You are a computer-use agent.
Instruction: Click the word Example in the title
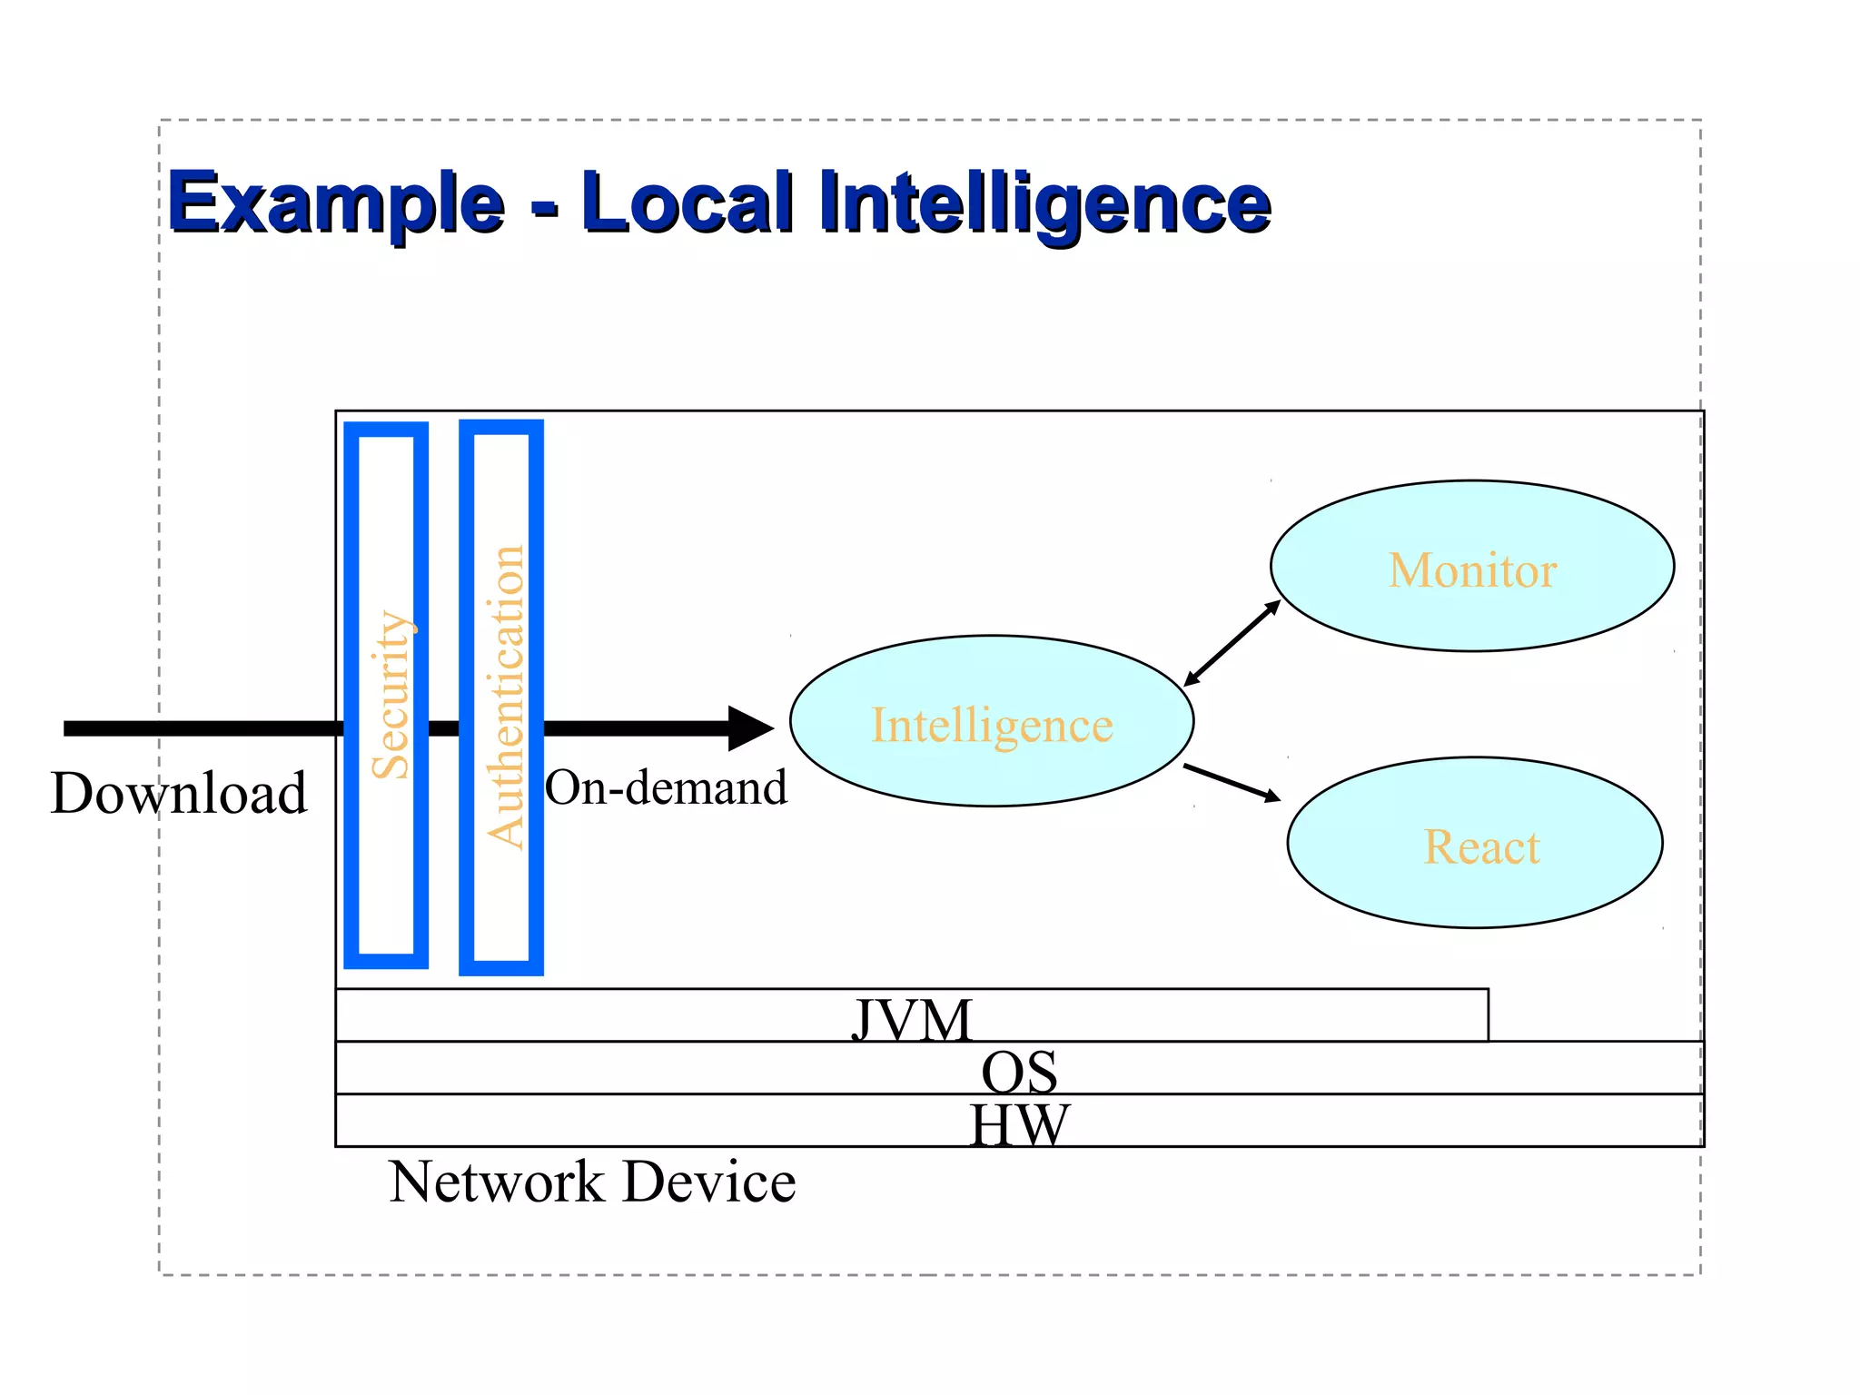[x=336, y=203]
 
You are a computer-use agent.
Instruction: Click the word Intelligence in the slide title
[x=1044, y=203]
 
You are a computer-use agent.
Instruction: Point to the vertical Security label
[x=391, y=695]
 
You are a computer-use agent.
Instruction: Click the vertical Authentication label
[x=505, y=697]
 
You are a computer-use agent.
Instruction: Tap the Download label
[x=179, y=793]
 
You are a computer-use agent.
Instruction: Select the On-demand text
[x=666, y=787]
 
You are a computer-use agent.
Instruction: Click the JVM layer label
[x=912, y=1019]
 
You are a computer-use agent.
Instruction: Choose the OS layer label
[x=1019, y=1072]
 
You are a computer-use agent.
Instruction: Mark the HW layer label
[x=1019, y=1124]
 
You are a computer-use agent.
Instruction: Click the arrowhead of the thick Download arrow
[x=752, y=728]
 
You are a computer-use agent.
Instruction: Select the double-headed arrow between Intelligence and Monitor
[x=1232, y=644]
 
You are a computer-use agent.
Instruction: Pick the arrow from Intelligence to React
[x=1232, y=783]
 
